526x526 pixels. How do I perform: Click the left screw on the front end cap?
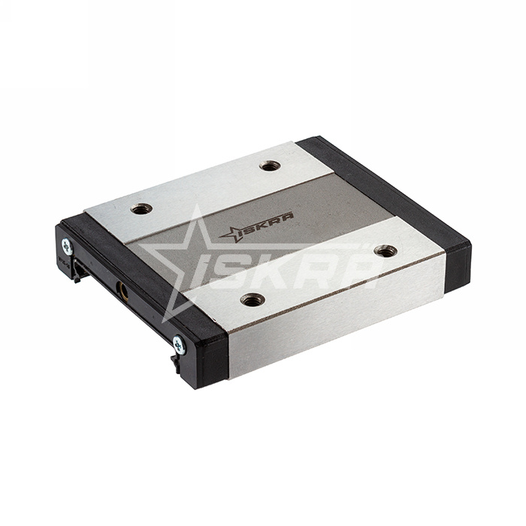67,245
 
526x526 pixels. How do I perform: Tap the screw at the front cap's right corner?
178,345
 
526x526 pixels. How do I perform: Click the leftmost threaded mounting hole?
141,208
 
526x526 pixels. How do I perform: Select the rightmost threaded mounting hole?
385,251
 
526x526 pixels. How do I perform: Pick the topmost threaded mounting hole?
270,165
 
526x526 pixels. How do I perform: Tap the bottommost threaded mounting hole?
252,299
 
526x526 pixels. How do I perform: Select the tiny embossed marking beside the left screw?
61,262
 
